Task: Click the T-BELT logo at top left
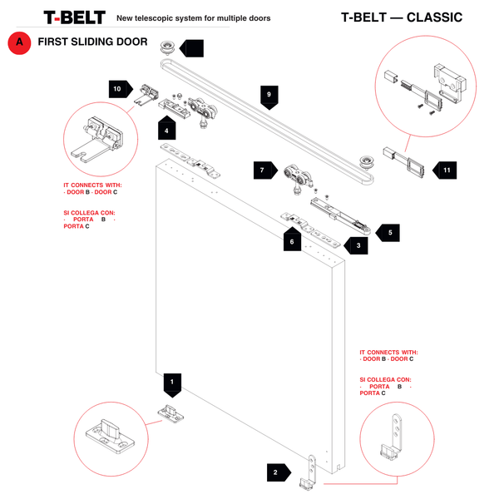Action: (x=74, y=17)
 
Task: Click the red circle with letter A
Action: (x=18, y=45)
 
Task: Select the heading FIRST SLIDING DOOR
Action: (x=92, y=43)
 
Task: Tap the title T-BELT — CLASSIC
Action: (x=402, y=17)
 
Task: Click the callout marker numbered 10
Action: (x=118, y=88)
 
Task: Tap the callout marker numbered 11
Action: (x=445, y=170)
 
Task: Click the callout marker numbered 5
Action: (x=388, y=233)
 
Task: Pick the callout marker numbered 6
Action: (x=291, y=242)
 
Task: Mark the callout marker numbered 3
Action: (x=357, y=245)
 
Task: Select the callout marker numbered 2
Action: (x=275, y=472)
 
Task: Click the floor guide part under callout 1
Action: (x=170, y=413)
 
